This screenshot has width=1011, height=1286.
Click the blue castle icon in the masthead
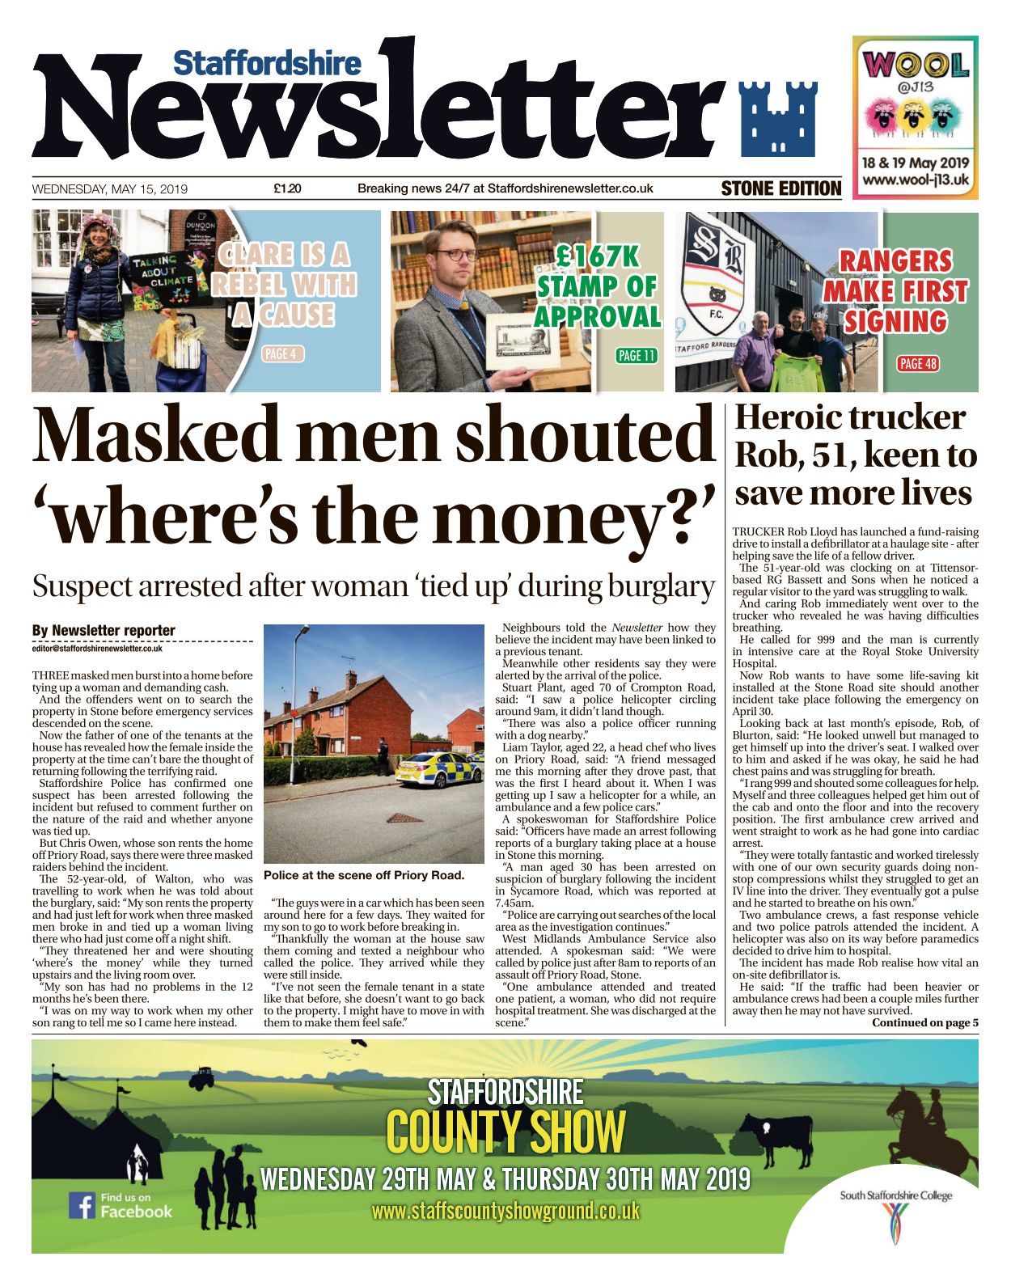click(x=778, y=119)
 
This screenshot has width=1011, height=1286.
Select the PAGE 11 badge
click(x=637, y=355)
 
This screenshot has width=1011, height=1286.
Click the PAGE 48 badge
click(x=918, y=363)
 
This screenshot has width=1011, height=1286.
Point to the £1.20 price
click(x=287, y=189)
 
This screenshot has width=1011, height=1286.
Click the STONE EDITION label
click(x=780, y=188)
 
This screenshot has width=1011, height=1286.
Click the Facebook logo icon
click(x=81, y=1204)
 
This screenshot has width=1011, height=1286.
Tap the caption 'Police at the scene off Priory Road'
click(x=364, y=875)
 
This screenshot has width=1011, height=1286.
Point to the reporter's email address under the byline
click(x=98, y=648)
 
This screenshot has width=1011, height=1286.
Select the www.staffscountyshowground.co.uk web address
click(x=505, y=1211)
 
